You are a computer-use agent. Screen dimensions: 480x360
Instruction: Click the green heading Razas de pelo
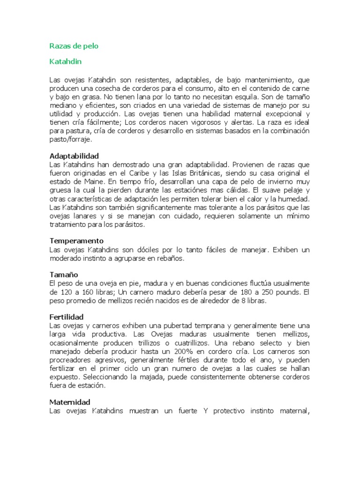pos(74,46)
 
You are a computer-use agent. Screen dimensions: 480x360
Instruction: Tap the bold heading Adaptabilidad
pos(74,156)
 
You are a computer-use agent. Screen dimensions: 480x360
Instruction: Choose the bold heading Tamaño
pos(64,274)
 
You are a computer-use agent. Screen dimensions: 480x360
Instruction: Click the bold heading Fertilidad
pos(67,317)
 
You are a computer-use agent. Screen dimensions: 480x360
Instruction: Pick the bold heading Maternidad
pos(70,402)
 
